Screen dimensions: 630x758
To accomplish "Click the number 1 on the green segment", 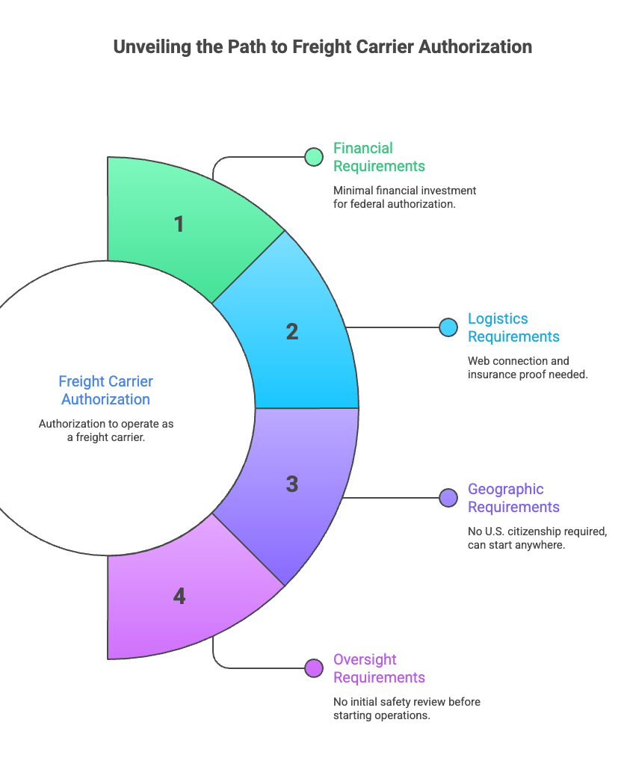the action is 179,224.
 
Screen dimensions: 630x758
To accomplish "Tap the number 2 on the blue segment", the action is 291,332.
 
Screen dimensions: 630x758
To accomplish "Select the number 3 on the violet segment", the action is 291,484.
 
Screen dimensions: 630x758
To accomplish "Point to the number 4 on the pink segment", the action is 179,596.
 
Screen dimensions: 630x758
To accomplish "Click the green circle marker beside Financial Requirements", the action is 314,157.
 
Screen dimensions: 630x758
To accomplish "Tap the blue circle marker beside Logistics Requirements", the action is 448,327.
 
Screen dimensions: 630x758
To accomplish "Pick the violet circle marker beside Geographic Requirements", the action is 448,497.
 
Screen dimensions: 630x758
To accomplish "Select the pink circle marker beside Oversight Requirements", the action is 314,668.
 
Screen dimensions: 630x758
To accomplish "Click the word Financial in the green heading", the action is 363,148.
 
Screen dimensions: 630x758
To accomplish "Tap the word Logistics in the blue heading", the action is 498,318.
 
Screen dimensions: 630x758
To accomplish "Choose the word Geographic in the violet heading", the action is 505,489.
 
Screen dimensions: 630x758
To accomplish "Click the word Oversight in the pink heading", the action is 365,659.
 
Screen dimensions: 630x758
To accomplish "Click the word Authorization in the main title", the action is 475,47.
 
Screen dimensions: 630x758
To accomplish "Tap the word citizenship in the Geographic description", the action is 552,531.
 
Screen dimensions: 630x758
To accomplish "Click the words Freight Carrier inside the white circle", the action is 106,381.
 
